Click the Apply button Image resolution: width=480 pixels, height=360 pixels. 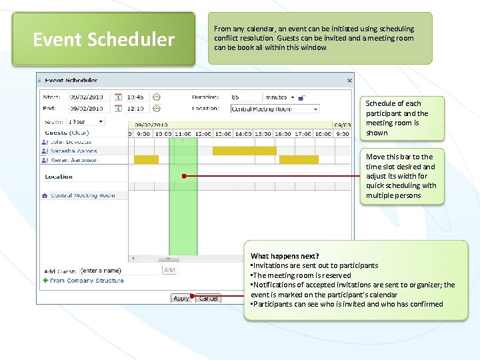[x=180, y=299]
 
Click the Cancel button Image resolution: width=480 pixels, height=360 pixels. [x=209, y=299]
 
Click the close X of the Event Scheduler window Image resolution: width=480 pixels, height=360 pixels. [x=349, y=81]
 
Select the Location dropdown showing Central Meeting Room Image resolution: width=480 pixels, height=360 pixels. [x=275, y=109]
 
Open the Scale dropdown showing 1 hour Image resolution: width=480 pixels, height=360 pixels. [x=85, y=122]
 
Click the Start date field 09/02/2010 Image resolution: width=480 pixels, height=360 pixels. [x=87, y=97]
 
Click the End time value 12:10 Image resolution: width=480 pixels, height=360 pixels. [x=135, y=108]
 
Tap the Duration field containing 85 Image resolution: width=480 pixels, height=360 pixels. [x=245, y=97]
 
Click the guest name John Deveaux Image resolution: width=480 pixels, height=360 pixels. [x=70, y=142]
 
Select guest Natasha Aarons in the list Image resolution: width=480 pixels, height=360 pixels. [x=73, y=151]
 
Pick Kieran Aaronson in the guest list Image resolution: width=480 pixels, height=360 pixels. [x=73, y=160]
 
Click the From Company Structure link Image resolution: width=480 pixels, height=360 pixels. [x=86, y=281]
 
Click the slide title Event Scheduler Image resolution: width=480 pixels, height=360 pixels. [x=103, y=40]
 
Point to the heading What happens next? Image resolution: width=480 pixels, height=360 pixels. [x=285, y=256]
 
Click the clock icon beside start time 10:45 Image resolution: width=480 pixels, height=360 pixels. [x=156, y=97]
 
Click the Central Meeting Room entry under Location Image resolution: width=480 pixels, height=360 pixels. [x=83, y=195]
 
